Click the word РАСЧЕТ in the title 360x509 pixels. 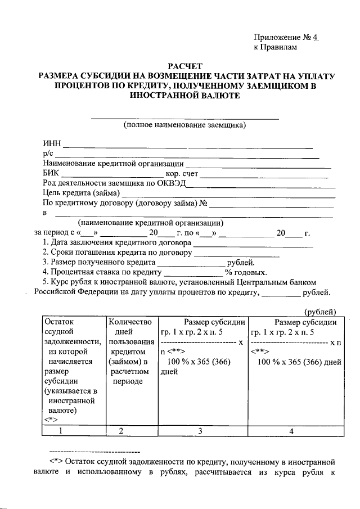tap(185, 66)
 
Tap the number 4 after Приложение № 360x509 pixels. tap(316, 38)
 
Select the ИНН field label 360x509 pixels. tap(52, 144)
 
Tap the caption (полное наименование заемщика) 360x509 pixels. tap(185, 125)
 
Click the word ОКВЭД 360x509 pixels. tap(173, 183)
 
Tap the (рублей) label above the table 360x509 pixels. tap(321, 312)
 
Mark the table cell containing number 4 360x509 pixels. tap(291, 431)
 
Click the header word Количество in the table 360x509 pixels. tap(130, 322)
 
